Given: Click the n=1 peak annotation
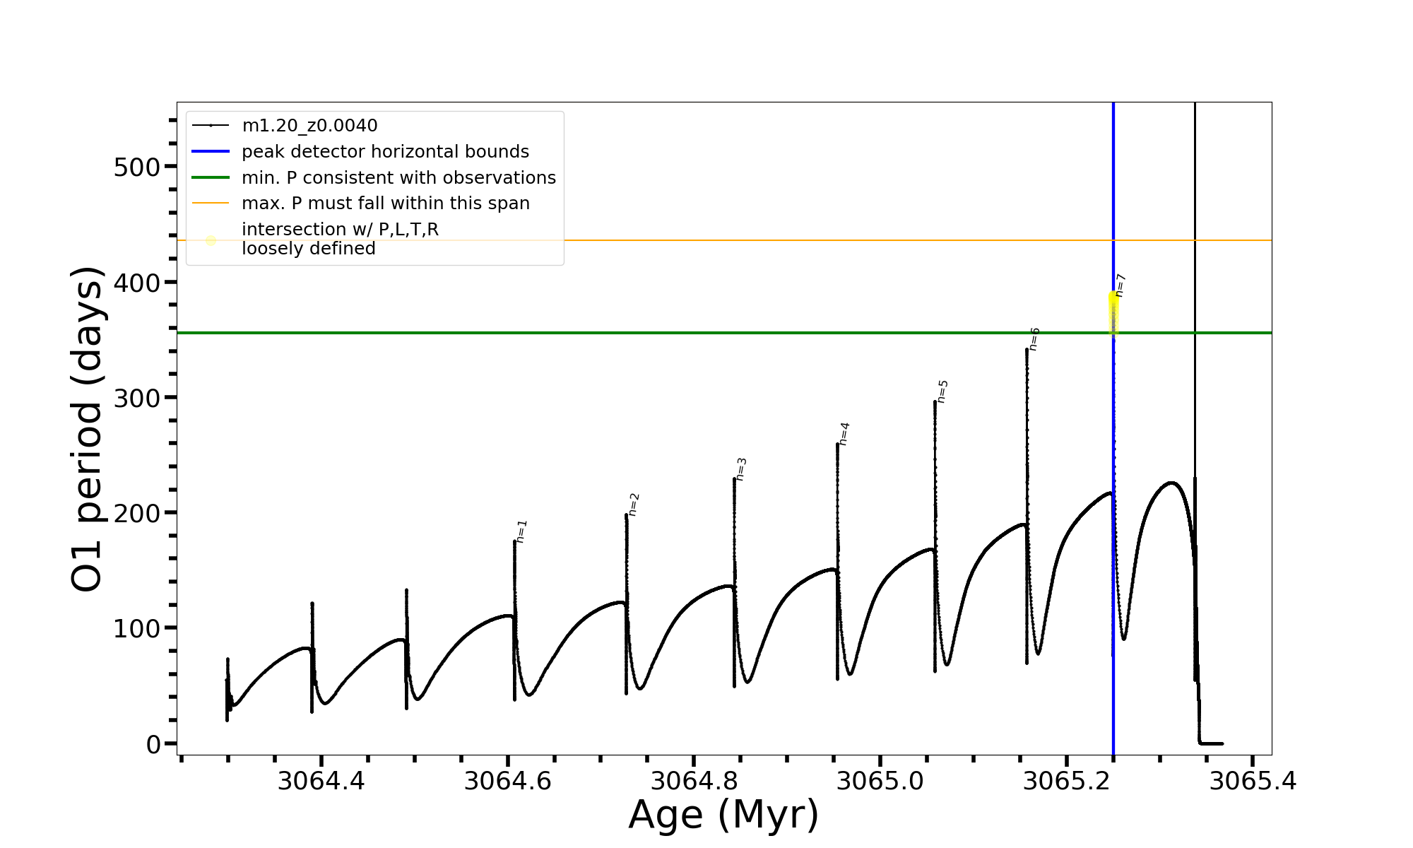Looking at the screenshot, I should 522,531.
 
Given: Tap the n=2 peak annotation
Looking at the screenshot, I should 634,505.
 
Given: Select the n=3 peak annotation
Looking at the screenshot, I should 741,469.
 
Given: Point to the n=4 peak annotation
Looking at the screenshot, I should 844,434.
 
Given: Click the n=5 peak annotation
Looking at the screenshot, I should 942,391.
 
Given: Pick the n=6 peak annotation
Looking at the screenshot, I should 1034,339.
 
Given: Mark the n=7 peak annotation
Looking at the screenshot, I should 1121,285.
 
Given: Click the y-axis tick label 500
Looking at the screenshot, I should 137,167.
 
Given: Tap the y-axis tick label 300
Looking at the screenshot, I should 137,399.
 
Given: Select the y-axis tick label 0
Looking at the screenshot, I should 153,744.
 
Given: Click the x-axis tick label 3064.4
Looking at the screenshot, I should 321,782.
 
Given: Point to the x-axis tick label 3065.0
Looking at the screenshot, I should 880,782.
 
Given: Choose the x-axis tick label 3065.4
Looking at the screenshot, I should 1253,782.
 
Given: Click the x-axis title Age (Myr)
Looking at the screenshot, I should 723,815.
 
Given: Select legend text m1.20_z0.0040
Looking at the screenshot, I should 309,126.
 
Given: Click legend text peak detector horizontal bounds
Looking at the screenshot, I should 385,152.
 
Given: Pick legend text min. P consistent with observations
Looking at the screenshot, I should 398,177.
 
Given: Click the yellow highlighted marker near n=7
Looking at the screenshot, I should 1113,311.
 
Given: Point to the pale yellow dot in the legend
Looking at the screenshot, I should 211,240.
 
